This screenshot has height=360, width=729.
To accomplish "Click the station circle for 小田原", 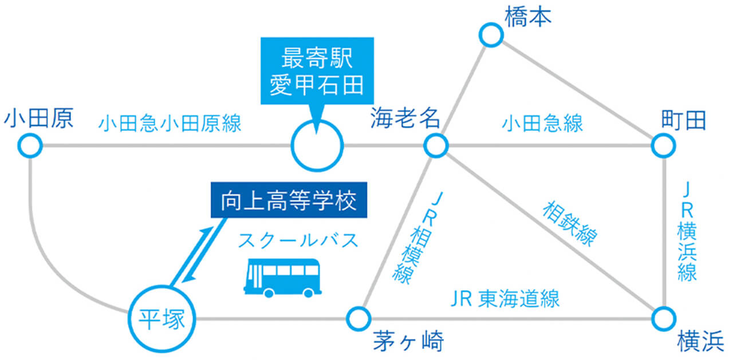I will coord(30,145).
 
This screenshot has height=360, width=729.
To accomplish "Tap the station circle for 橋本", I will coord(491,35).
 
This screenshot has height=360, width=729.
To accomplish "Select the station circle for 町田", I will coord(663,145).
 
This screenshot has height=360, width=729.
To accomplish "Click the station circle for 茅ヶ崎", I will coord(359,317).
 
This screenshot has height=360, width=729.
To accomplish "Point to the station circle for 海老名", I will coord(436,145).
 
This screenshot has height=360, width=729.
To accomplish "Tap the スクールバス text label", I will coord(298,240).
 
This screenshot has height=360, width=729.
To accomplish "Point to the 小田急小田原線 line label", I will coord(170,124).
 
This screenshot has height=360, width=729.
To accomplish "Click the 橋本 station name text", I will coord(527,18).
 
